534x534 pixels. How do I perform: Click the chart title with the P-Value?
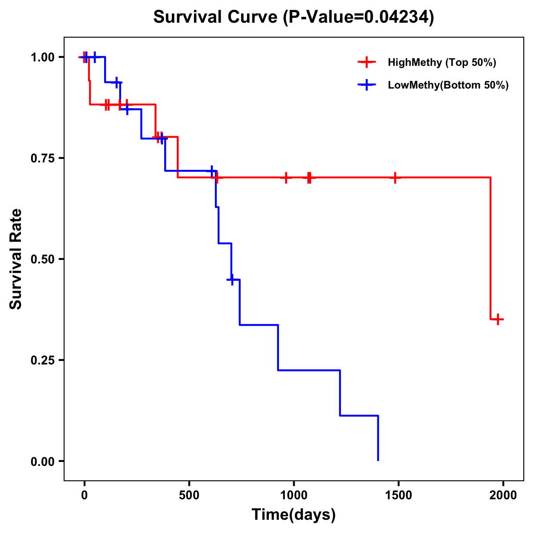(x=293, y=17)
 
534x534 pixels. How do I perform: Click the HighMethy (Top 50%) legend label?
(x=442, y=62)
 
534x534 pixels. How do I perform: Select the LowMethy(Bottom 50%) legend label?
(x=448, y=85)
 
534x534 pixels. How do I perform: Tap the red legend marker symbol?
(x=366, y=62)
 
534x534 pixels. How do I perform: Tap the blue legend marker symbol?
(x=366, y=85)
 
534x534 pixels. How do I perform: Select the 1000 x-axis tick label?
(x=294, y=495)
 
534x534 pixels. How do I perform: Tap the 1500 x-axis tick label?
(x=398, y=495)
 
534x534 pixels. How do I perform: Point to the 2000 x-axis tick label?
(x=503, y=495)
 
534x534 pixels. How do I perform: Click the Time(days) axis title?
(x=294, y=514)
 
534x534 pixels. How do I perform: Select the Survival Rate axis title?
(x=16, y=259)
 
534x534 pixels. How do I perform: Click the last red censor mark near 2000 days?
(x=498, y=319)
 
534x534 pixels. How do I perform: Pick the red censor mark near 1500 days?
(x=395, y=178)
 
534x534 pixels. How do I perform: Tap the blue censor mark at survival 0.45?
(x=231, y=279)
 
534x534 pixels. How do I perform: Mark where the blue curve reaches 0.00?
(x=378, y=460)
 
